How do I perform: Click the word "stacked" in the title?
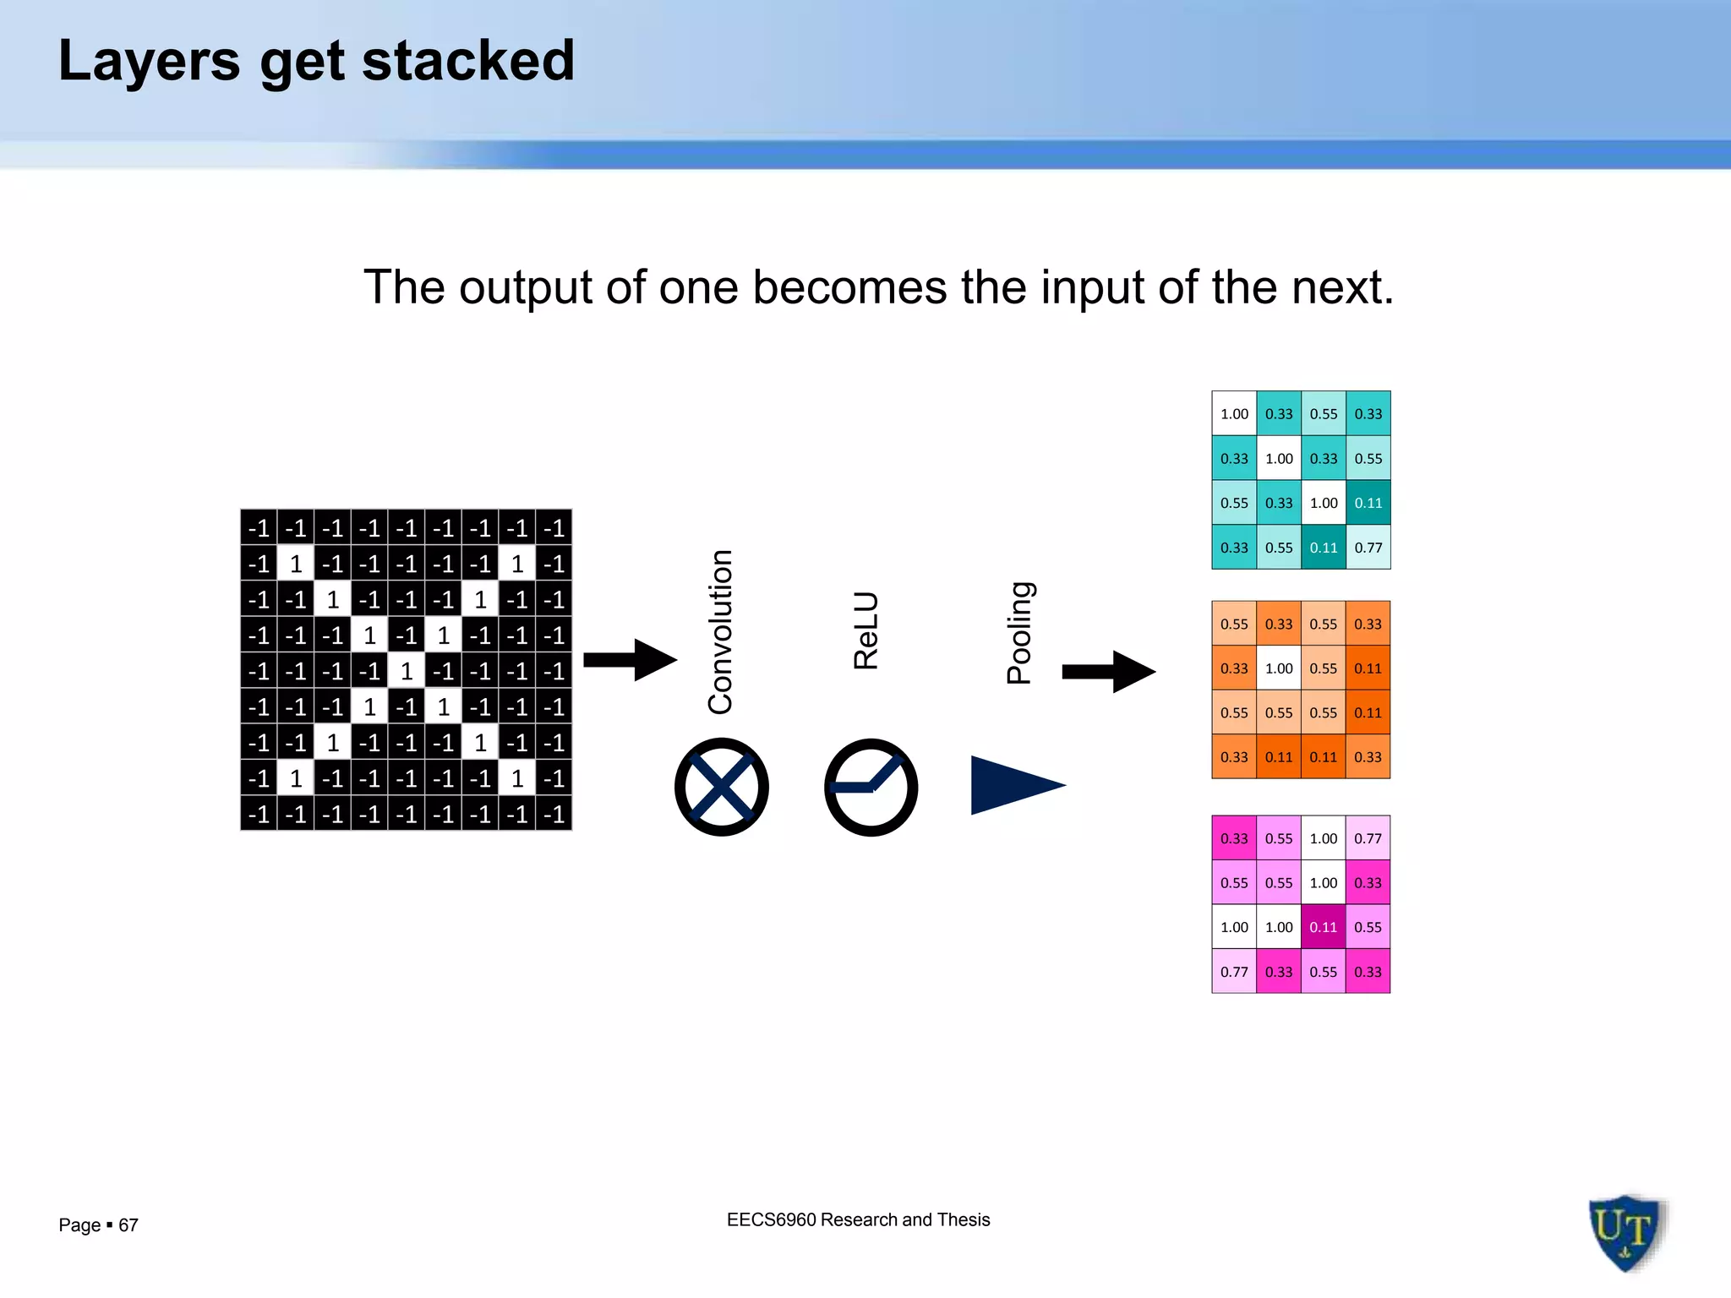click(468, 61)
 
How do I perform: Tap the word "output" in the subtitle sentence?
click(523, 287)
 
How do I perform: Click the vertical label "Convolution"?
click(720, 631)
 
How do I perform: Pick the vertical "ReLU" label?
click(866, 630)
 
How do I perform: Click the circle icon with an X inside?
click(721, 787)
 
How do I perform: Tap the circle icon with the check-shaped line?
click(871, 787)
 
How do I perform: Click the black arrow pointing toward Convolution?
click(630, 659)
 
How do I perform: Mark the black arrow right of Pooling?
click(1108, 672)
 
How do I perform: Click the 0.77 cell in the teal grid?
click(1368, 548)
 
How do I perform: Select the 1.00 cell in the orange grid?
click(1279, 668)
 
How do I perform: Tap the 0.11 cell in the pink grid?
click(1324, 927)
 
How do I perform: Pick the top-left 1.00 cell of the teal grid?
click(1234, 414)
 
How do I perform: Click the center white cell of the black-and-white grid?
click(407, 671)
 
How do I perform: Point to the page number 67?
click(128, 1225)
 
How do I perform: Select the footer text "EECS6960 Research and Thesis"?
click(858, 1219)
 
